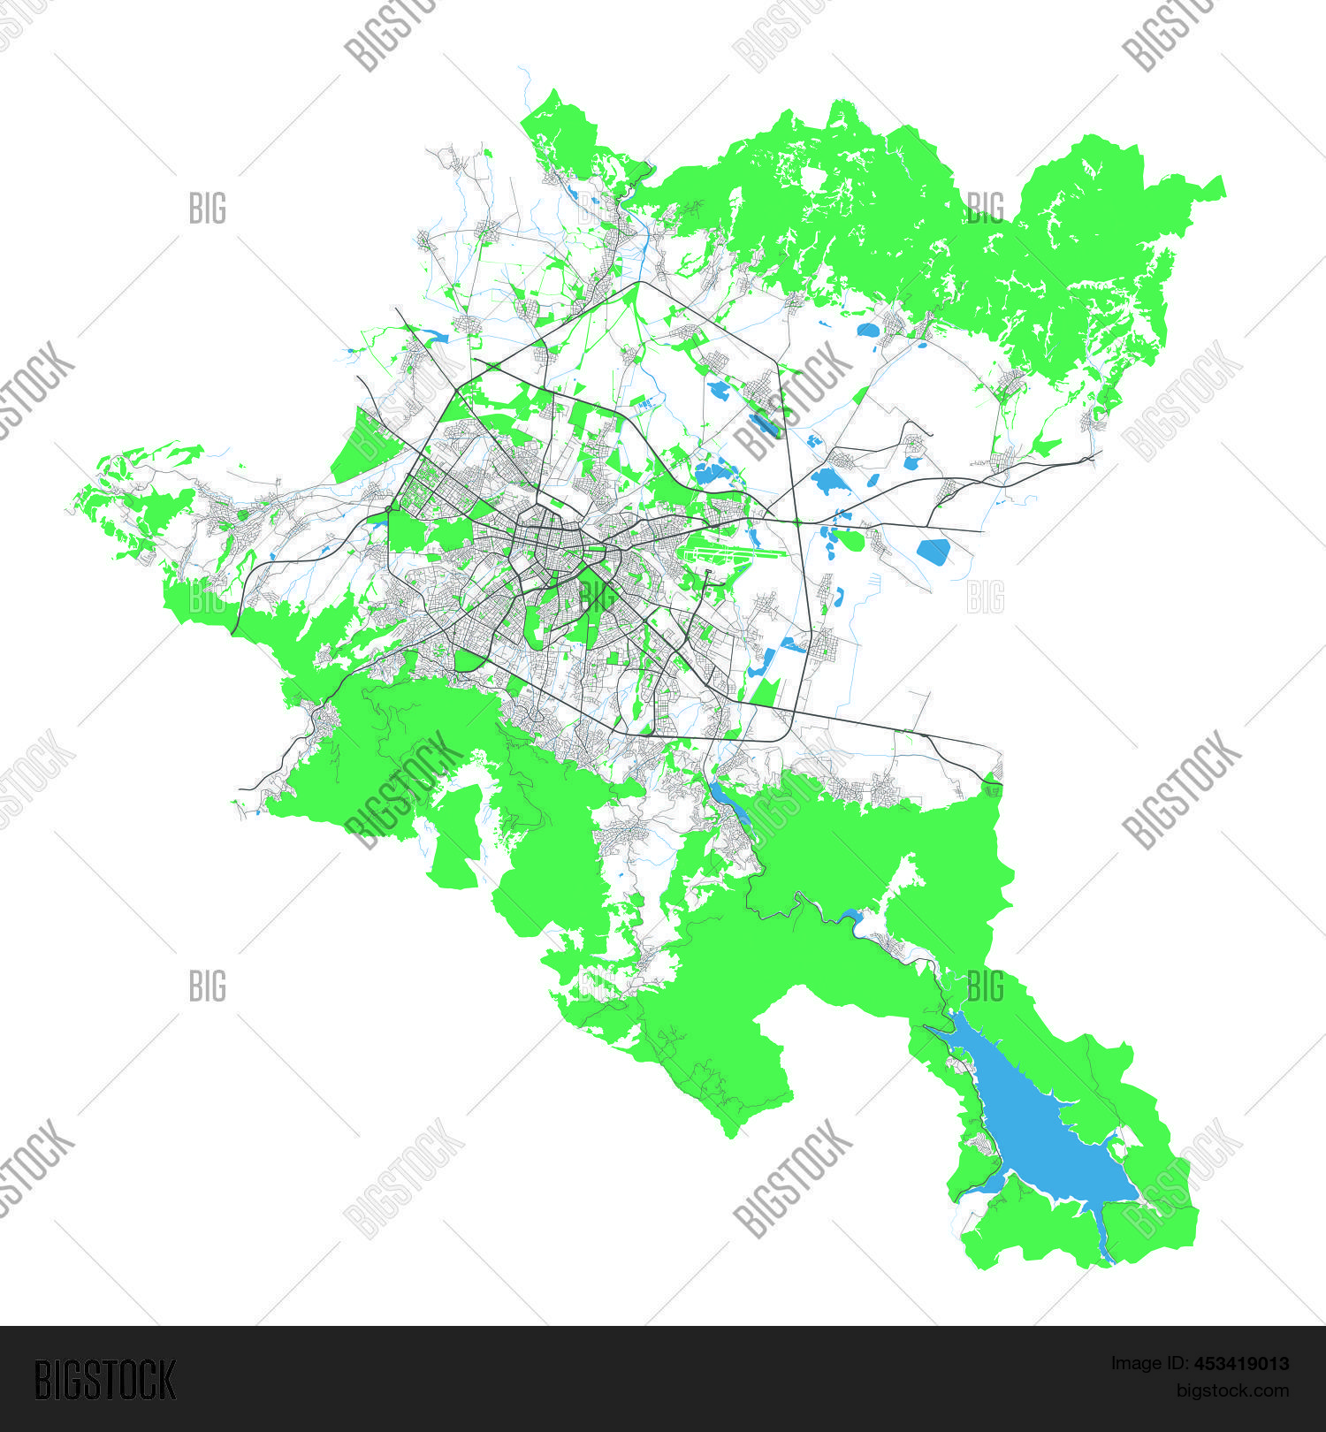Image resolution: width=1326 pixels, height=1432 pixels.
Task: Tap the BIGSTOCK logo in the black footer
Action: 104,1380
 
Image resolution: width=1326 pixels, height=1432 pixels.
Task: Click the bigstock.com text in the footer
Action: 1232,1390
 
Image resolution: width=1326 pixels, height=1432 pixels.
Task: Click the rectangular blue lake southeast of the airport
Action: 933,552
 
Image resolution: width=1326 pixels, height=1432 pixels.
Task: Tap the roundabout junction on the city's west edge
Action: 389,509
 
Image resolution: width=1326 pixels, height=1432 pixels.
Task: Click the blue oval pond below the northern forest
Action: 867,331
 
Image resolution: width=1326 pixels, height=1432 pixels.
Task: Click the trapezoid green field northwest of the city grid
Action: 361,446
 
